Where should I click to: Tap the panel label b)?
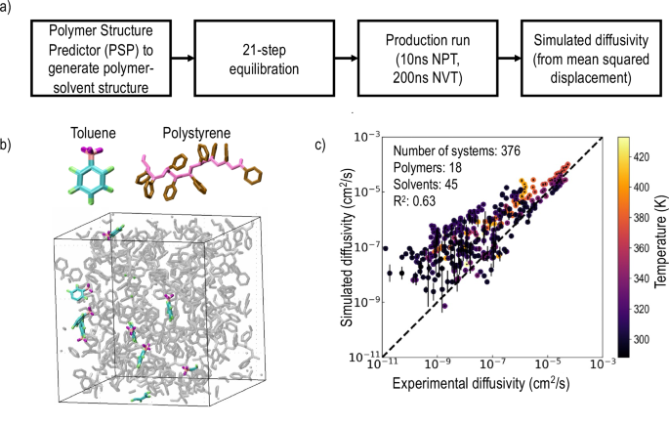(8, 146)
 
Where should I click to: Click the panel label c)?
(325, 146)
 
